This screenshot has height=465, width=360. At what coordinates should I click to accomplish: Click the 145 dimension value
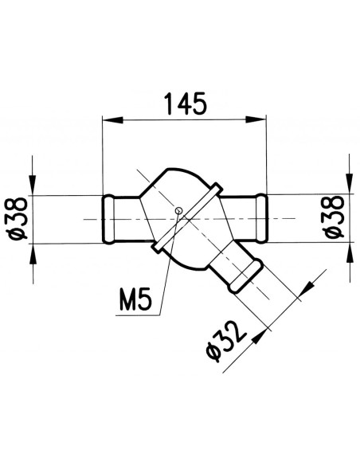click(184, 103)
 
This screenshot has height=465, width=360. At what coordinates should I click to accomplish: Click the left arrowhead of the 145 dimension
click(112, 120)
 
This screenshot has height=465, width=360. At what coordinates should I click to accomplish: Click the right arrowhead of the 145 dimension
click(256, 120)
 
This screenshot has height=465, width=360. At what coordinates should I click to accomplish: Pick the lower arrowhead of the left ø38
click(33, 251)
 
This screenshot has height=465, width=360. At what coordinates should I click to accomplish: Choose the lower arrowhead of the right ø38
click(348, 251)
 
